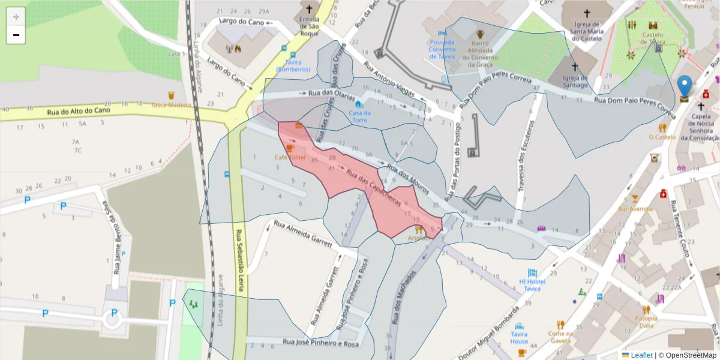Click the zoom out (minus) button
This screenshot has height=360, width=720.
pos(16,35)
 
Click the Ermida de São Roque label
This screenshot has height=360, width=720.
pos(309,26)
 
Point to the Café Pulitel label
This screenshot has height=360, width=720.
pos(290,157)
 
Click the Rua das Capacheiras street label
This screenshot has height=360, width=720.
pos(373,188)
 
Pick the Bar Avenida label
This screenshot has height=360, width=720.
pos(635,209)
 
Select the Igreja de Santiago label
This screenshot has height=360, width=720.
pos(575,81)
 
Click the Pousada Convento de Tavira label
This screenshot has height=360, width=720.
pos(451,49)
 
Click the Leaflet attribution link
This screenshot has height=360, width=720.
pos(641,355)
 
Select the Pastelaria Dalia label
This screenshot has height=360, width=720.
pos(646,322)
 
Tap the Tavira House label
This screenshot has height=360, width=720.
pos(520,337)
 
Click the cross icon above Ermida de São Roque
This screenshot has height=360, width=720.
pos(310,9)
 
